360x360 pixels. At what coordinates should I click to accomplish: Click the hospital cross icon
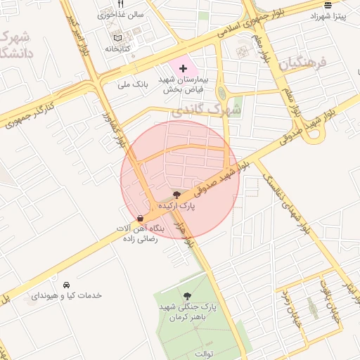184,69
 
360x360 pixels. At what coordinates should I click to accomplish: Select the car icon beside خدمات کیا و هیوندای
66,285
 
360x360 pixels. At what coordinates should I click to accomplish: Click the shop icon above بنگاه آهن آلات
141,218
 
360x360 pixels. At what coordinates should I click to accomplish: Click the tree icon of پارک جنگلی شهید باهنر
187,296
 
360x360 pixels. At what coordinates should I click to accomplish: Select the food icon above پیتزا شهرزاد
328,4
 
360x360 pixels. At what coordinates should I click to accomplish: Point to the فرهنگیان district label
303,65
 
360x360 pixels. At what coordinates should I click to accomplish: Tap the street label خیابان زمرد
288,310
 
